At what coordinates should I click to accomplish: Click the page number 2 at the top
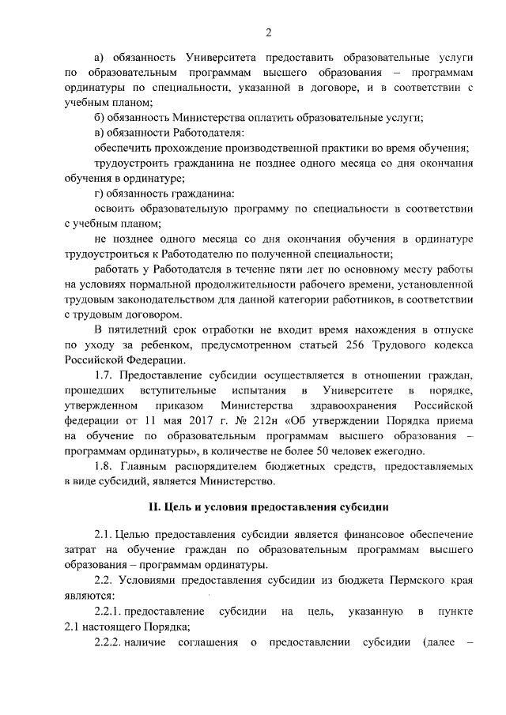pos(269,32)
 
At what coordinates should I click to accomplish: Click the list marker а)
pos(100,58)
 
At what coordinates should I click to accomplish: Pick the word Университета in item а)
pos(220,58)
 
